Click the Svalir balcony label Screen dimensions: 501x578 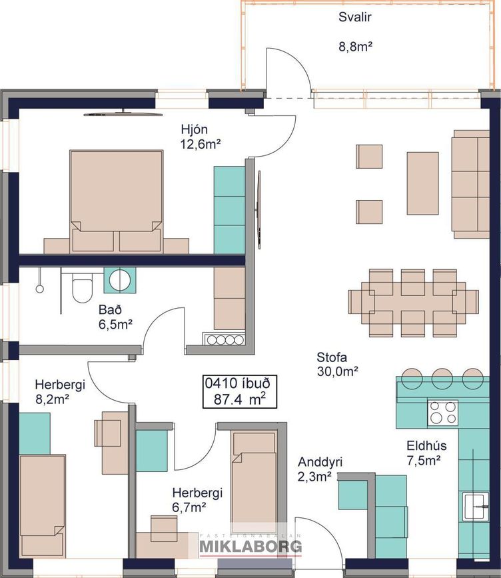point(354,17)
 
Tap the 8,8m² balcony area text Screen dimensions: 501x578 point(356,47)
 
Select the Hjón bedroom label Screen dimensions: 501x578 point(194,129)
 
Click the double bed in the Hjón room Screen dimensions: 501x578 point(117,201)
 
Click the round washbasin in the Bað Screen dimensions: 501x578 point(120,280)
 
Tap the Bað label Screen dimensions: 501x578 point(110,309)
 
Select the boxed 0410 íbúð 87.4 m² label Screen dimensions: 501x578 point(240,392)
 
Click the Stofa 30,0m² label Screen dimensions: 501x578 point(337,364)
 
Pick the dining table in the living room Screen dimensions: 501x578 point(413,303)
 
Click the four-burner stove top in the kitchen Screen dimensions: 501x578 point(443,413)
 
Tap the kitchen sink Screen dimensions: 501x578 point(476,506)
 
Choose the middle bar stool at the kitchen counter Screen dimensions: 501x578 point(442,378)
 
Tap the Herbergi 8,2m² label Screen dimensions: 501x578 point(60,391)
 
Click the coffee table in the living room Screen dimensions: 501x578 point(422,183)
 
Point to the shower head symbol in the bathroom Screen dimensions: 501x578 point(39,289)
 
